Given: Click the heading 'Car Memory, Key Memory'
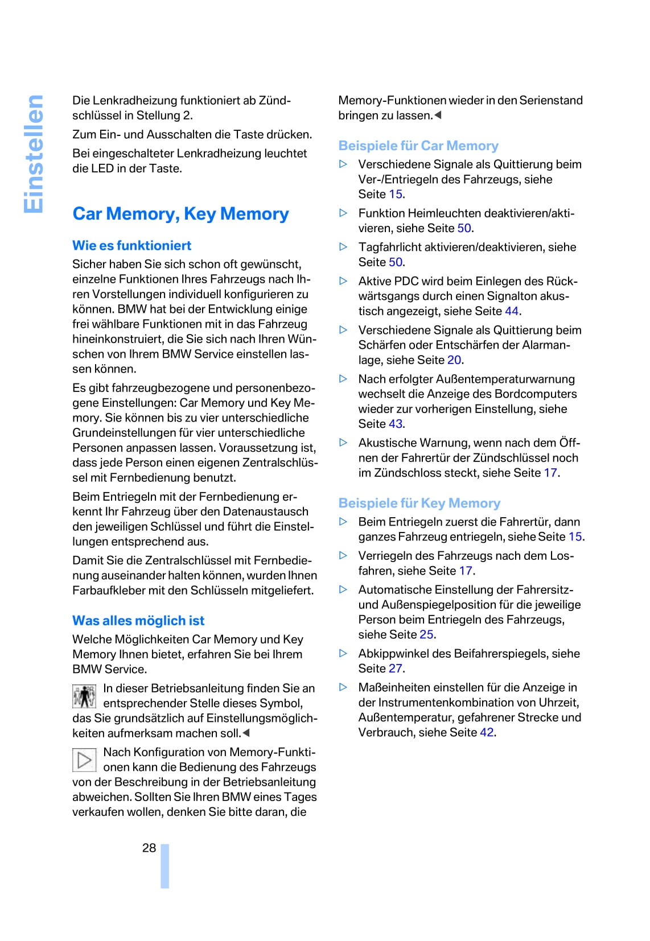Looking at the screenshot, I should click(180, 214).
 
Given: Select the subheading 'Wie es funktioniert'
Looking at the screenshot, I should click(131, 246).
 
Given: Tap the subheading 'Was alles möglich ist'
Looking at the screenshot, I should click(138, 621).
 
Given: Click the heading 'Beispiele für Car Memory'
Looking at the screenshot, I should click(418, 146).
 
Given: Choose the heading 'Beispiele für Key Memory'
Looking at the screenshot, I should click(419, 503).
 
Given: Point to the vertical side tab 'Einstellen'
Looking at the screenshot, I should click(34, 154).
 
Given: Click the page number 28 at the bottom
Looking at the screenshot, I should click(149, 848).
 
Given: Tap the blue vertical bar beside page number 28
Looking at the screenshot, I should click(165, 866).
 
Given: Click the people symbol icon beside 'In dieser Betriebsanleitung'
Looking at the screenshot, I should click(84, 696).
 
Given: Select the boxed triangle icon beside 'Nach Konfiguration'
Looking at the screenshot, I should click(84, 760).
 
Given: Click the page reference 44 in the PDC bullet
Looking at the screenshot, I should click(512, 311).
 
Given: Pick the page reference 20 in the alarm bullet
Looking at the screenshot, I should click(454, 360).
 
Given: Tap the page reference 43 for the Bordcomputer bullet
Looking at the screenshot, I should click(396, 424).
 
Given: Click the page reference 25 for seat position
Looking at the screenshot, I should click(427, 634).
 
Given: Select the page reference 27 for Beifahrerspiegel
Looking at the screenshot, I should click(396, 668).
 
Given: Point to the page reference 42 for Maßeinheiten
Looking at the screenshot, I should click(487, 732).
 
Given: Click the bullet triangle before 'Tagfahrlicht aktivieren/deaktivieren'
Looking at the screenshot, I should click(343, 247).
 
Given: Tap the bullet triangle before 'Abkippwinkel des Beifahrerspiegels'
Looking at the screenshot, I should click(343, 653).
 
